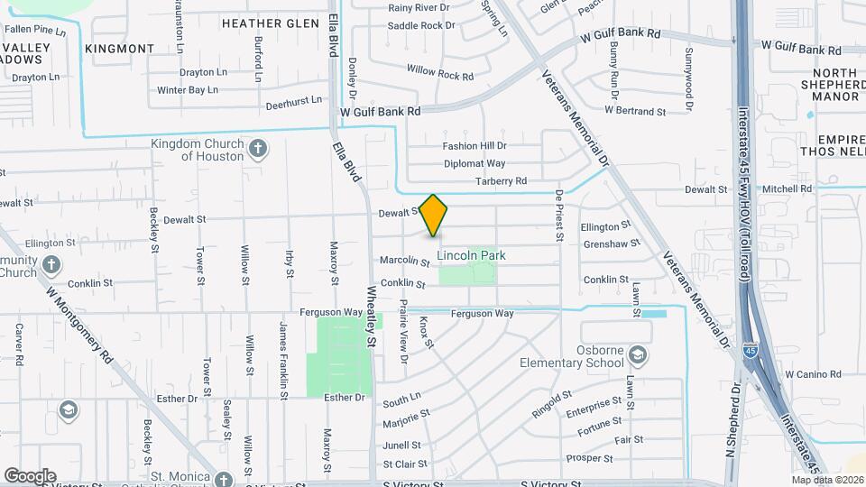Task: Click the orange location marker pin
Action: point(434,216)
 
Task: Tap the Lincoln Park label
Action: point(471,256)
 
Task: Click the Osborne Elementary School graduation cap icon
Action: point(639,356)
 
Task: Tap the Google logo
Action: point(30,475)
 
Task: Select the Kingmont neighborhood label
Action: point(120,48)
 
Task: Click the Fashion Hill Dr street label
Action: point(474,146)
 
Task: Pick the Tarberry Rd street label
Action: point(501,181)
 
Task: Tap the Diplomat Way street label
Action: point(474,164)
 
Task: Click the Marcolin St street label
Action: point(405,262)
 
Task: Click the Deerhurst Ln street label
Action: point(293,104)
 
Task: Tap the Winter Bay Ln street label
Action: point(188,90)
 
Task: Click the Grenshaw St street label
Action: point(612,243)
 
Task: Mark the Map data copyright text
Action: point(827,480)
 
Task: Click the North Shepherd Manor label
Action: point(834,85)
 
